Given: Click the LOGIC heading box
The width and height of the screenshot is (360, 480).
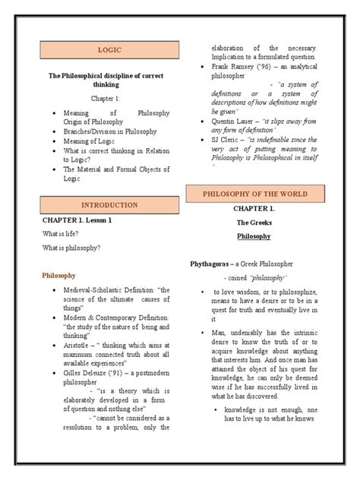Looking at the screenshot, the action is [109, 50].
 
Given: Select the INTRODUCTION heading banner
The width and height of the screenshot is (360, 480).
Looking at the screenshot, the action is [109, 204].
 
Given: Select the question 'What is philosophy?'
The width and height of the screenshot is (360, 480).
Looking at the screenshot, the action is [72, 248].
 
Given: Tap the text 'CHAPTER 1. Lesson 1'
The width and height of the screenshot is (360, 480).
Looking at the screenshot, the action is [77, 219].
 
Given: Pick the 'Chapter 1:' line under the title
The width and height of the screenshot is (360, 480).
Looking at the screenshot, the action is [109, 99].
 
